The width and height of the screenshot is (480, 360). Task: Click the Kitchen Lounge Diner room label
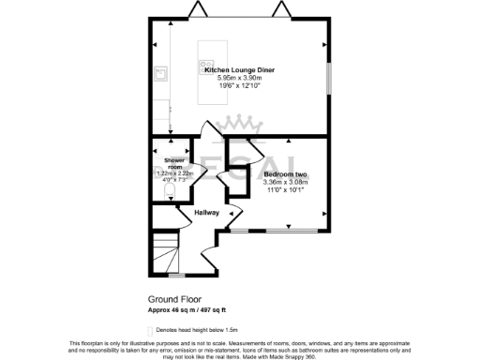click(x=239, y=69)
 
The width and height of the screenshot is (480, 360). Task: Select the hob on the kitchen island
click(x=203, y=65)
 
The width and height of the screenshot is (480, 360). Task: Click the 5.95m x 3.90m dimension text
click(x=239, y=78)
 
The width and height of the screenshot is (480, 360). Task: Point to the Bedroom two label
click(x=285, y=174)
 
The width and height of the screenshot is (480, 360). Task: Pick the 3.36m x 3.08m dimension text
click(x=285, y=182)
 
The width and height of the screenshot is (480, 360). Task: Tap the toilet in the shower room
click(x=168, y=192)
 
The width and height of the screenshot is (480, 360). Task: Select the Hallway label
click(x=207, y=213)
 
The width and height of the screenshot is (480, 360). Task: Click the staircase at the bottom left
click(x=167, y=253)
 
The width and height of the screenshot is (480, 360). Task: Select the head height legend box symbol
click(x=151, y=331)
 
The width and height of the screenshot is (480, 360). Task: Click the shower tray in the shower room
click(x=169, y=150)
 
